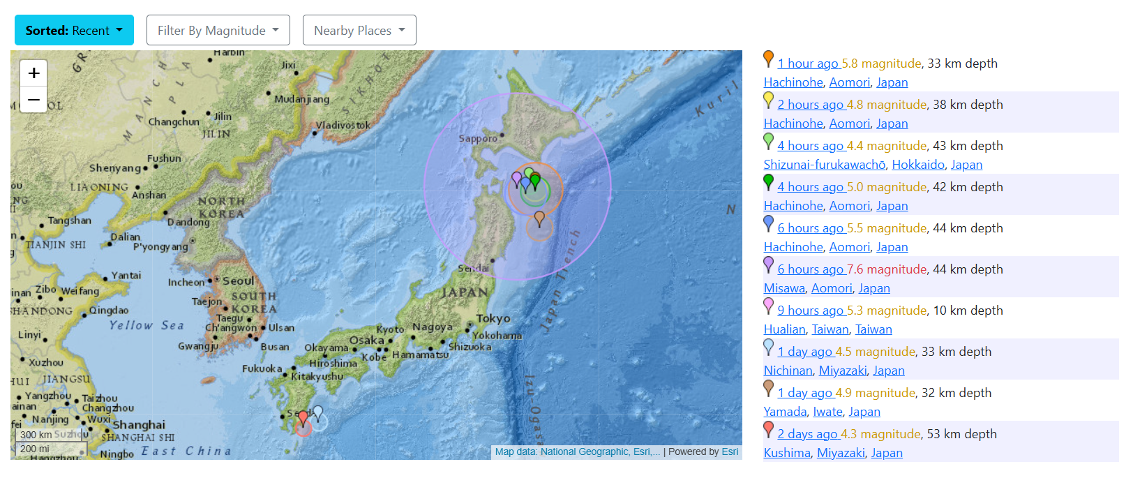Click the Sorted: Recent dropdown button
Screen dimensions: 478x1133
(x=74, y=31)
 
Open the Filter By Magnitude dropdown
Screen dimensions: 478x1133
(x=218, y=31)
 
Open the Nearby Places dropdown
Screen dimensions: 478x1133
(x=359, y=31)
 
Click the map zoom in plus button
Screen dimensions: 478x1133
(x=33, y=73)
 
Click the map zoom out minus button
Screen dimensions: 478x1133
(x=33, y=100)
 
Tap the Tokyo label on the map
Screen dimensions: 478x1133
(x=493, y=318)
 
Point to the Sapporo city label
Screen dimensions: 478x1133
(x=478, y=138)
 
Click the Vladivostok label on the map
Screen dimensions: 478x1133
(x=343, y=126)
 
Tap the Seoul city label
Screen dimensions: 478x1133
(x=238, y=281)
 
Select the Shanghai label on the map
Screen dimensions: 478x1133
(x=139, y=424)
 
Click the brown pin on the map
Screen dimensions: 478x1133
(x=539, y=218)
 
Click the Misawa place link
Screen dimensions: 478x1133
(x=784, y=288)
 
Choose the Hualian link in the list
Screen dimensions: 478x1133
(x=784, y=329)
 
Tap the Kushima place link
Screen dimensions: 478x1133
(x=787, y=453)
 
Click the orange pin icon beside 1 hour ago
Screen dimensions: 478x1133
(x=768, y=59)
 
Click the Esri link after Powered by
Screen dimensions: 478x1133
(x=730, y=451)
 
